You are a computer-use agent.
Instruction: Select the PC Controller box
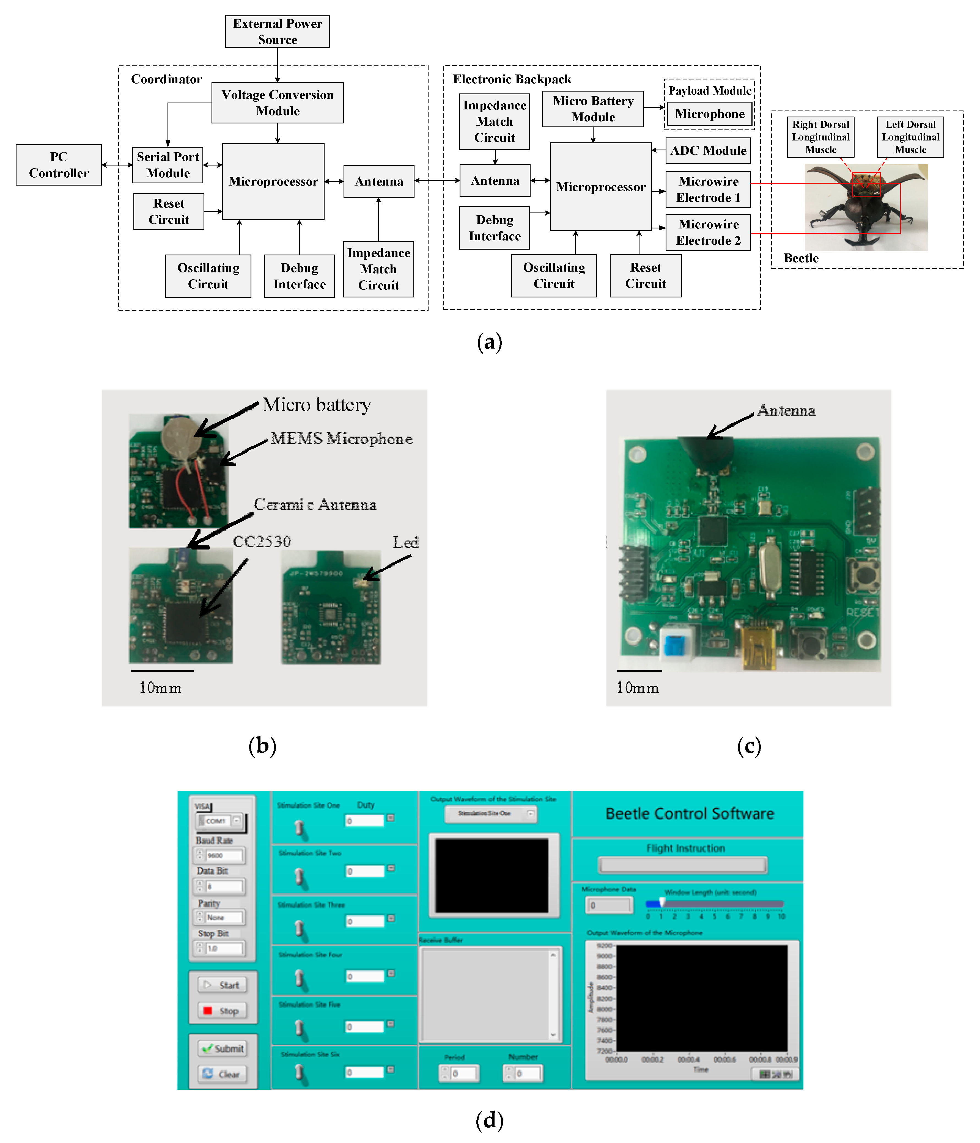click(x=59, y=165)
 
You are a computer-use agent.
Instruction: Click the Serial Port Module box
click(x=168, y=165)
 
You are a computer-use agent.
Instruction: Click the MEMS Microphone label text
click(x=342, y=438)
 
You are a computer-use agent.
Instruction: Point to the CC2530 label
click(x=262, y=541)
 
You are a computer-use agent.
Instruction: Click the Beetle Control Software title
click(x=690, y=813)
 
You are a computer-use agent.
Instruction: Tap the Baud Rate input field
click(x=224, y=855)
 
